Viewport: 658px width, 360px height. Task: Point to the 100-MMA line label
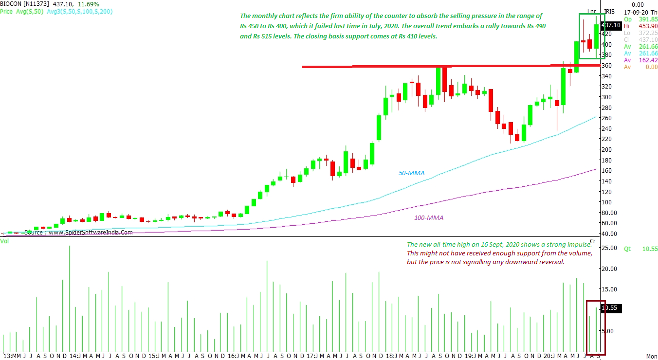tap(429, 217)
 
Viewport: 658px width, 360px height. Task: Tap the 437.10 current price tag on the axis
tap(611, 25)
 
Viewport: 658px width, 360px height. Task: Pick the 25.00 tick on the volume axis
tap(610, 248)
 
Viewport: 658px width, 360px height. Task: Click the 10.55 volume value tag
tap(610, 308)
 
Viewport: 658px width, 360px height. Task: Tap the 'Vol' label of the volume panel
tap(4, 241)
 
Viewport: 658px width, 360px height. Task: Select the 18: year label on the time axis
tap(390, 356)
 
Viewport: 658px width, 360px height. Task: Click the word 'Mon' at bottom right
tap(651, 356)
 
